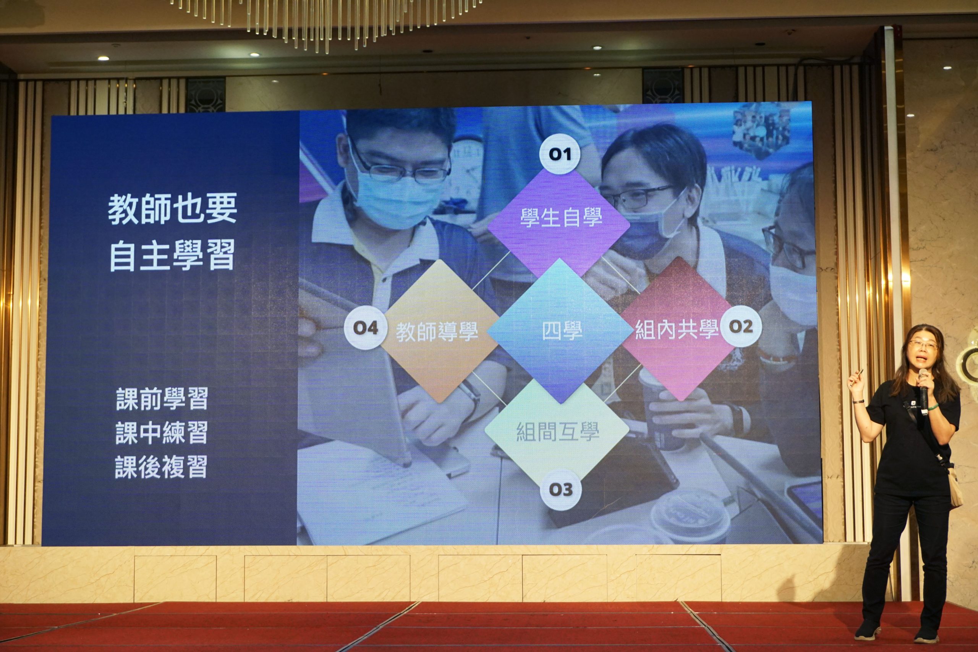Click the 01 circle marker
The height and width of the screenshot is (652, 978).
point(560,154)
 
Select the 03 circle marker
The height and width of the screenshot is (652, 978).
point(560,489)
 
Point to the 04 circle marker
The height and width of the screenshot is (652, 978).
point(366,328)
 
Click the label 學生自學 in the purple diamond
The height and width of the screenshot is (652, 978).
point(561,218)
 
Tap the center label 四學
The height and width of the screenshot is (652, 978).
point(562,332)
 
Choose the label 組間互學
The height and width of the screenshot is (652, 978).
point(558,431)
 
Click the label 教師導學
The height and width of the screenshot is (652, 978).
point(437,332)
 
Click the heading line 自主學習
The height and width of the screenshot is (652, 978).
point(172,255)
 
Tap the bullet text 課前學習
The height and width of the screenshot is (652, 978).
point(162,398)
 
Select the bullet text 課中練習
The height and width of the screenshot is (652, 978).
point(161,432)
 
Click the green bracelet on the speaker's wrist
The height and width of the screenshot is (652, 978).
point(933,407)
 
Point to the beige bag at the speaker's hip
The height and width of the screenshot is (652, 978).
point(955,487)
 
